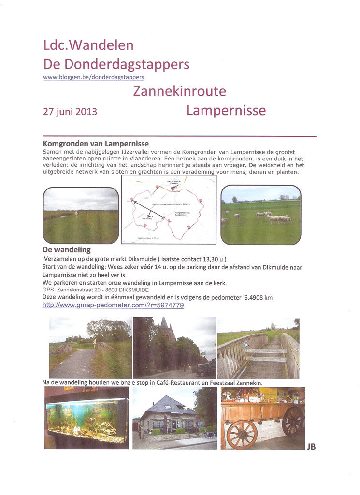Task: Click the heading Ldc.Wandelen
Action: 88,46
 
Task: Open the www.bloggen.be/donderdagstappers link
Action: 93,77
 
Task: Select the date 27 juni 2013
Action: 70,112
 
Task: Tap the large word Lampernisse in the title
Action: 226,111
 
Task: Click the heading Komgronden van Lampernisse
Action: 96,144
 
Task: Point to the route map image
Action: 169,209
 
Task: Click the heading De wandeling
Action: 66,250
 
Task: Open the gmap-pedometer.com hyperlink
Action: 113,306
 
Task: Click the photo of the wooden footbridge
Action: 258,348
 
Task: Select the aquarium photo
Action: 86,418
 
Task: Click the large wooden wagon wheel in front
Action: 241,434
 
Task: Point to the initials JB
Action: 311,447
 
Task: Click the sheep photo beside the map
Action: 260,215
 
